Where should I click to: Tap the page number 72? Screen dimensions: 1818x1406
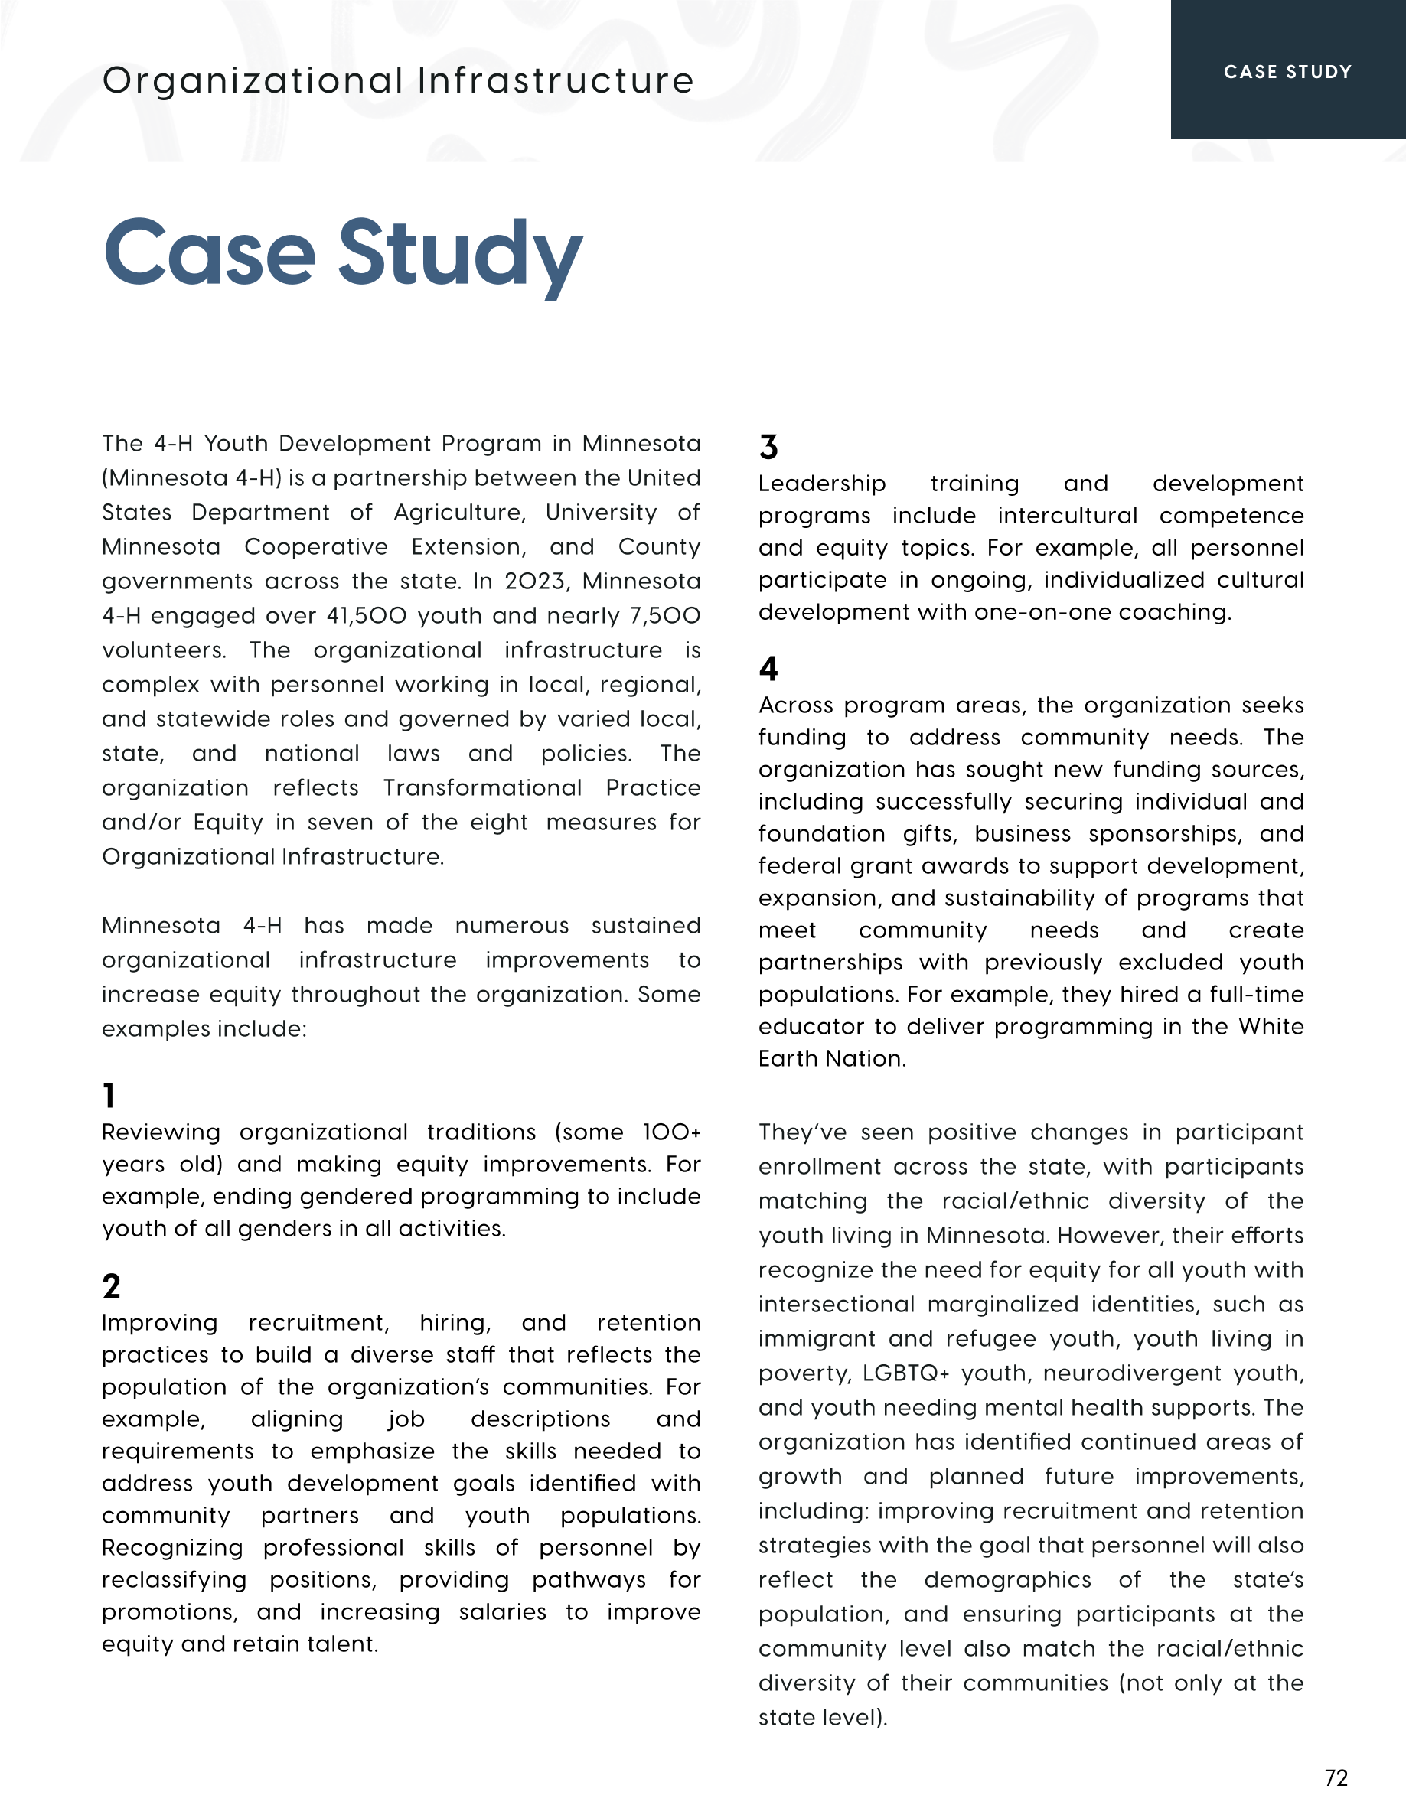(1336, 1778)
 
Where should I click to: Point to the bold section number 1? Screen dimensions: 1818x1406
(108, 1096)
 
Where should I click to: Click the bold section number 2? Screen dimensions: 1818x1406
(111, 1286)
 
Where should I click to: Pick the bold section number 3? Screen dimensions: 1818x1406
(768, 447)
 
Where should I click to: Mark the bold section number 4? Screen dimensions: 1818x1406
(768, 669)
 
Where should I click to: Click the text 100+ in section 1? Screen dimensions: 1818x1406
(672, 1132)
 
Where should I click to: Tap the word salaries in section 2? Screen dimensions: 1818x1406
(502, 1611)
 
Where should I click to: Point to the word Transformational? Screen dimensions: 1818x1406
(482, 787)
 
